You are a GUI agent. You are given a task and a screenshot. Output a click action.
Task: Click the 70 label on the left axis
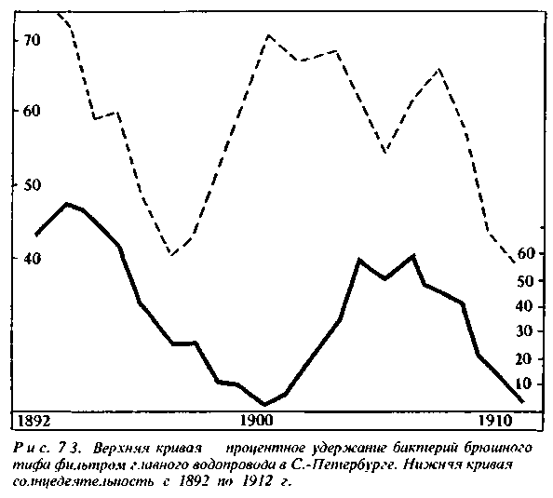(32, 40)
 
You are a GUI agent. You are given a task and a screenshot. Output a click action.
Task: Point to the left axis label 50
(32, 185)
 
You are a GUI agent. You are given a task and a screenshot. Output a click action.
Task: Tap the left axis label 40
(32, 258)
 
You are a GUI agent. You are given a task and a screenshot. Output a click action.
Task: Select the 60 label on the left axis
(32, 111)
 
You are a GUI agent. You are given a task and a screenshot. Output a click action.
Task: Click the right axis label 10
(524, 384)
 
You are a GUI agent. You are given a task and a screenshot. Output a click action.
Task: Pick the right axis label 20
(524, 358)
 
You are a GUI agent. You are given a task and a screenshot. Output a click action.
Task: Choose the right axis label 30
(524, 331)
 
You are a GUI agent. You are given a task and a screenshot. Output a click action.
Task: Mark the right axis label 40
(524, 306)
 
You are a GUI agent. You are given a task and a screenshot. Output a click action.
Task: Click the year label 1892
(34, 421)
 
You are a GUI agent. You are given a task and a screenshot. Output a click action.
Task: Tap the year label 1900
(256, 421)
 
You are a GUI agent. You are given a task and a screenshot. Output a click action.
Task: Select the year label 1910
(495, 421)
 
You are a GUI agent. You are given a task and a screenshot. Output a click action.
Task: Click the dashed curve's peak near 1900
(268, 35)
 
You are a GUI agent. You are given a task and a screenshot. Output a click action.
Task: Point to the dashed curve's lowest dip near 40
(171, 253)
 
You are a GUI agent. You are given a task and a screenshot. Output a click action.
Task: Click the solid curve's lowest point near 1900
(264, 404)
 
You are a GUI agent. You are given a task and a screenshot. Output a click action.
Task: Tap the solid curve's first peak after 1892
(67, 204)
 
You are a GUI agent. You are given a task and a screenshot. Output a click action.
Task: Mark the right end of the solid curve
(522, 401)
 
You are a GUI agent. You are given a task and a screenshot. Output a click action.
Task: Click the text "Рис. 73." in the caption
(47, 449)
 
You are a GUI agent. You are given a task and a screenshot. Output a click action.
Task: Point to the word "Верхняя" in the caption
(116, 449)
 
